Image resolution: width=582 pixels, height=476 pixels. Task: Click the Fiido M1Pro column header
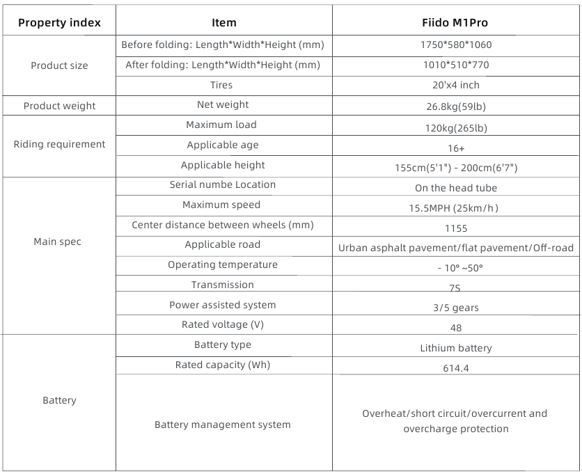pos(456,23)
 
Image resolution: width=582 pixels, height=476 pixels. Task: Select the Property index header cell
pos(59,23)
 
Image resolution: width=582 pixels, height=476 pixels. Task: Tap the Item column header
pos(223,23)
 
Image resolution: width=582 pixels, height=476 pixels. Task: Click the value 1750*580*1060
pos(456,45)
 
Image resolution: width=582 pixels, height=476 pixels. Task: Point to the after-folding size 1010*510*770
pos(456,65)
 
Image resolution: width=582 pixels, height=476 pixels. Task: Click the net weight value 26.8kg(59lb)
pos(456,105)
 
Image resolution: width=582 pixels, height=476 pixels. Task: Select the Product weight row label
pos(59,106)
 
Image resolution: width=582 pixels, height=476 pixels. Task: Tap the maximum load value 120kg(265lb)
pos(456,128)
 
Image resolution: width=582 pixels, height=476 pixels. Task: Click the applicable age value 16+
pos(456,148)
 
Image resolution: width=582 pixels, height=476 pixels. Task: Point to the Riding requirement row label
pos(59,144)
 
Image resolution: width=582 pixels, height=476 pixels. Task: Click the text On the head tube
pos(456,188)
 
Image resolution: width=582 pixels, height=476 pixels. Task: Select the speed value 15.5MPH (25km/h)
pos(456,208)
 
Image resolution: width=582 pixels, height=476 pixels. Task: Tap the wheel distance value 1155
pos(456,228)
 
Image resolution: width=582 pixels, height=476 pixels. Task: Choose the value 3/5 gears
pos(456,308)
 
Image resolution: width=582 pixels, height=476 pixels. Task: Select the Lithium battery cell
pos(456,348)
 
